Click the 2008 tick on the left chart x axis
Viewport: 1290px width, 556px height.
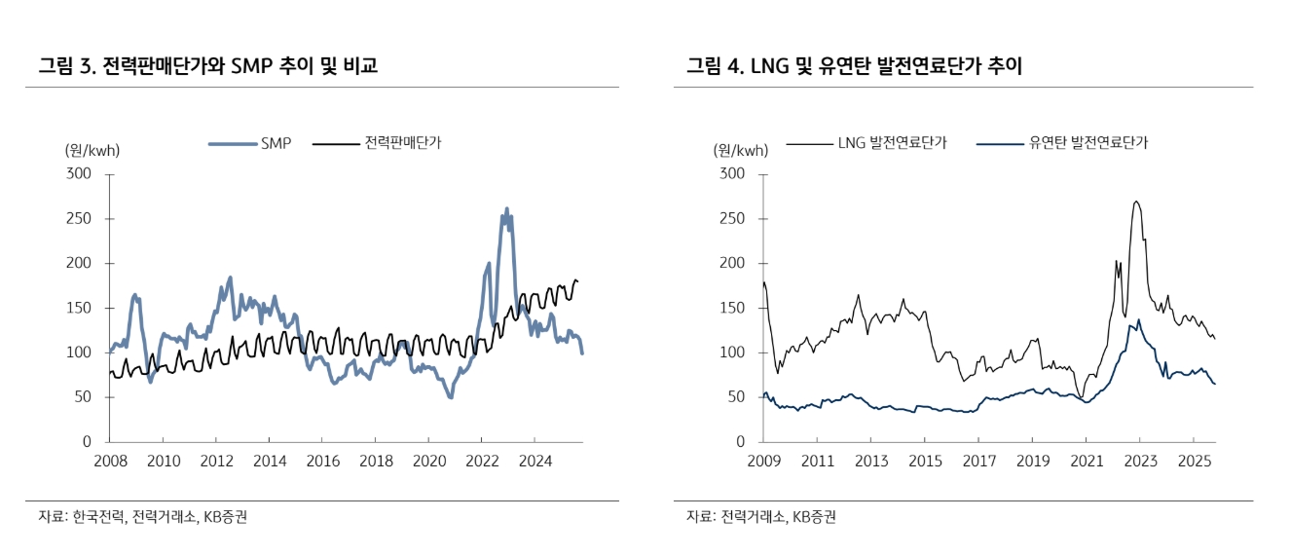click(110, 460)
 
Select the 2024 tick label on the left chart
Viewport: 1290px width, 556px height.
click(534, 460)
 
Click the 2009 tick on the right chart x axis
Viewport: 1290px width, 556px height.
click(764, 460)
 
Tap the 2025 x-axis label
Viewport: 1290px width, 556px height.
click(1194, 460)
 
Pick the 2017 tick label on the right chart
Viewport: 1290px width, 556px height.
click(978, 460)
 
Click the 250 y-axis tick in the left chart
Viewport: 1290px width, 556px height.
click(78, 219)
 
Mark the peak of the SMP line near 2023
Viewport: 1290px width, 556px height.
click(506, 208)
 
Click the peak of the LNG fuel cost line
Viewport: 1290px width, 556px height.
click(1136, 202)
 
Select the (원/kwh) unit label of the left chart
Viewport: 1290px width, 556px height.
click(92, 150)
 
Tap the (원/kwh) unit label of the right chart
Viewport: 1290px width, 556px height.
click(740, 150)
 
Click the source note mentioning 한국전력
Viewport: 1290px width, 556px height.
click(142, 517)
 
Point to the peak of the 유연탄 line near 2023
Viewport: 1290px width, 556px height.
click(1138, 319)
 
